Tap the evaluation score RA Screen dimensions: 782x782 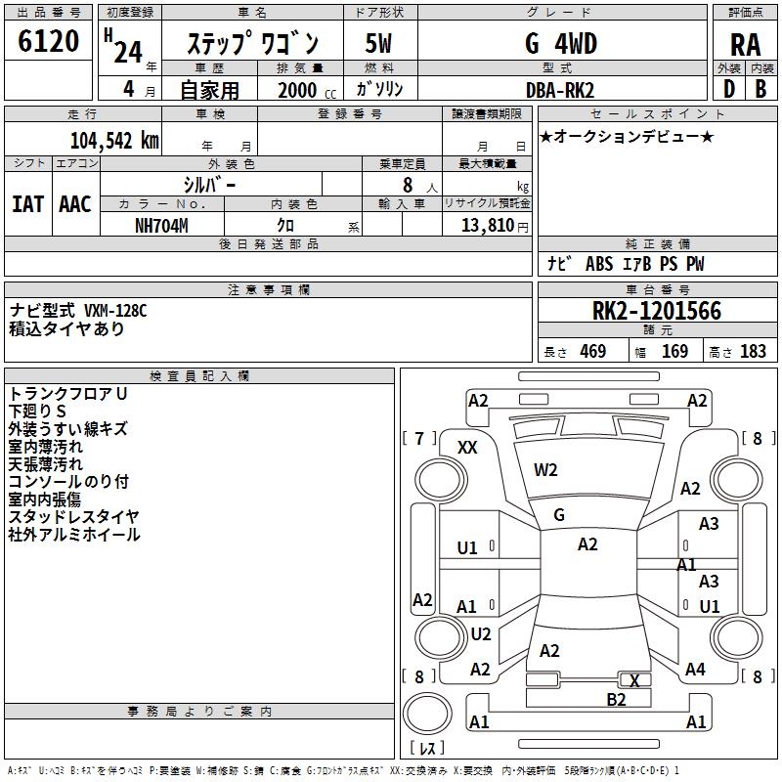[x=745, y=45]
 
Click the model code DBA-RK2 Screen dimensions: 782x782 [x=560, y=89]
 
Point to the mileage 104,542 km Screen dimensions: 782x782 [x=114, y=140]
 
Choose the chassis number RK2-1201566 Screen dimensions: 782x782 [x=657, y=311]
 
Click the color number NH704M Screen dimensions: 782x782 [x=163, y=224]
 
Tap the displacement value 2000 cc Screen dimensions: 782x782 [x=305, y=90]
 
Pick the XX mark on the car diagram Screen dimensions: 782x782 [x=468, y=447]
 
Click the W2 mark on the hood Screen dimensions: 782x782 [x=545, y=470]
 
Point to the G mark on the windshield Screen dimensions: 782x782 [x=559, y=515]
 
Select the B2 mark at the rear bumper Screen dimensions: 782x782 [x=616, y=699]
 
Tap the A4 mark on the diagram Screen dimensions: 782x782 [x=695, y=670]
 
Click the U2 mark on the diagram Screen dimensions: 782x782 [x=481, y=634]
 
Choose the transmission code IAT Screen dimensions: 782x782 [x=26, y=204]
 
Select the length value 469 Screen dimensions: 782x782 [x=592, y=352]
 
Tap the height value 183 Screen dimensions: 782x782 [x=754, y=352]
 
